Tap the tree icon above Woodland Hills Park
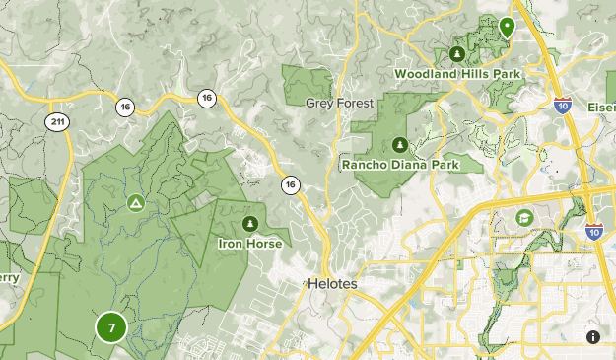[456, 53]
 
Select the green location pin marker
[507, 27]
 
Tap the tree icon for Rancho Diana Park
[399, 145]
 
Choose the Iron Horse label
[250, 243]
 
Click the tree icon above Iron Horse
[250, 223]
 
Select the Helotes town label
[332, 283]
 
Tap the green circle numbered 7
[111, 327]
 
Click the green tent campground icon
[135, 203]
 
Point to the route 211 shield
[57, 119]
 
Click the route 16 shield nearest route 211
[124, 107]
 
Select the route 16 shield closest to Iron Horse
[290, 184]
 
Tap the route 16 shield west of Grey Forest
[206, 98]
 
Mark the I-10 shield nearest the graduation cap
[593, 231]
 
